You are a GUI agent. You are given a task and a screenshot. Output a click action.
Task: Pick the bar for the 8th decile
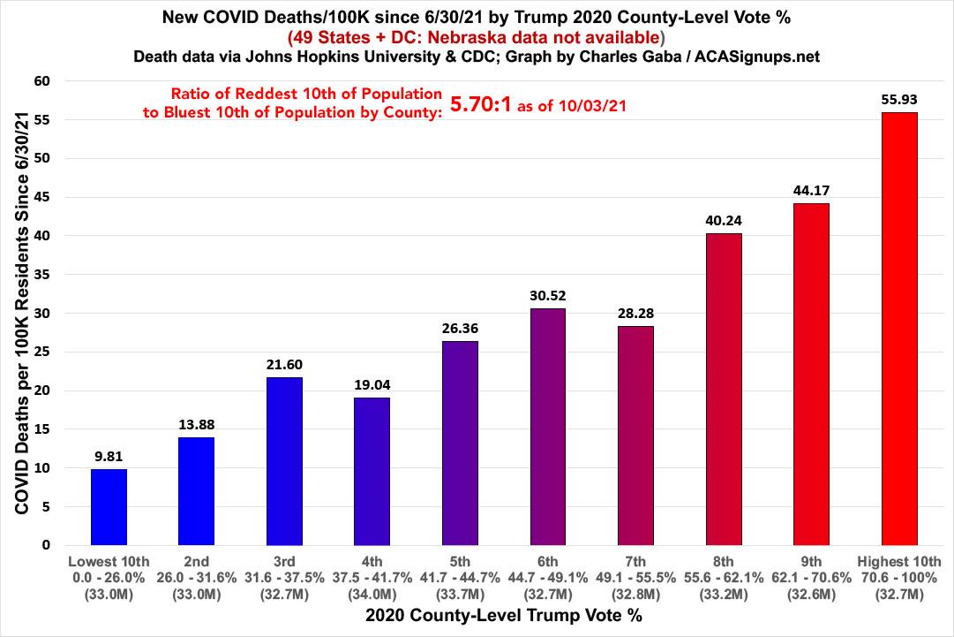point(723,389)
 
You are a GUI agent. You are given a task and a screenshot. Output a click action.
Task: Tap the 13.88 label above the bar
point(196,425)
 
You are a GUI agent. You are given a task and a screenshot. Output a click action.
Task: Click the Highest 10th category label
point(898,561)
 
